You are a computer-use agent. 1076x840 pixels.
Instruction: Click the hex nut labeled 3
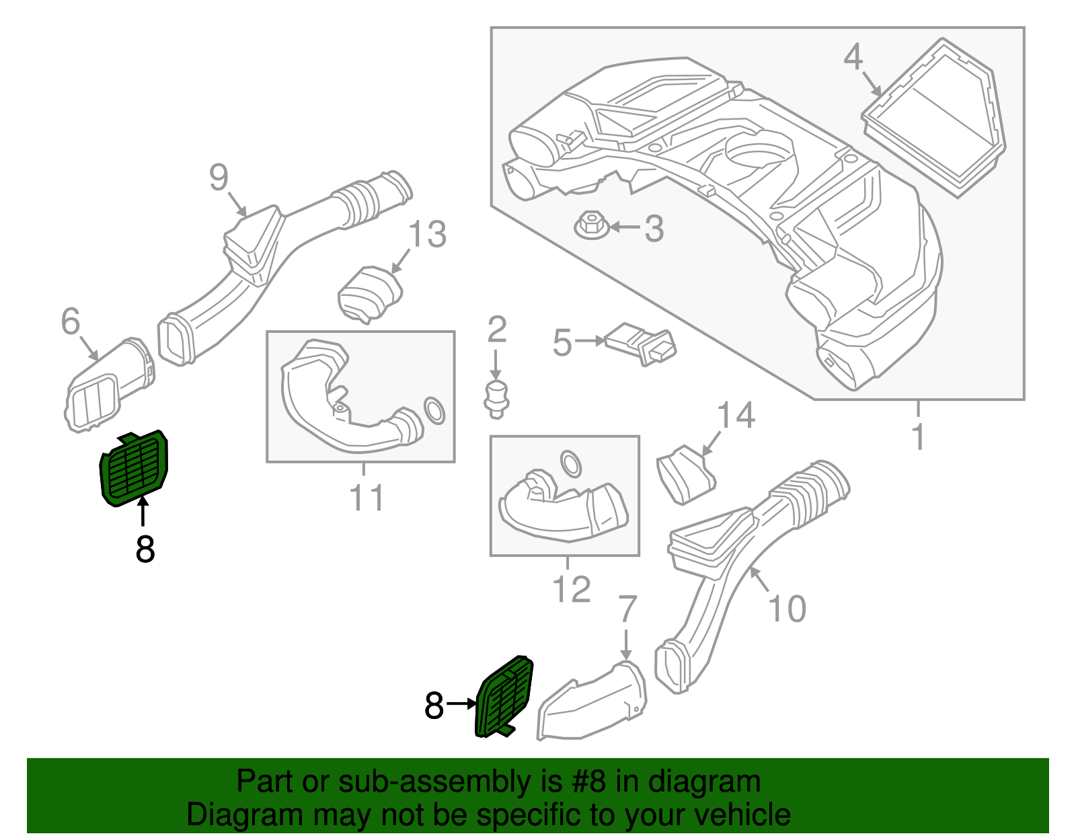[x=591, y=226]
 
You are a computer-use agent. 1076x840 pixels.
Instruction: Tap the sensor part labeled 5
[x=640, y=344]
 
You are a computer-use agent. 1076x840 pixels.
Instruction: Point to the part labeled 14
[x=686, y=474]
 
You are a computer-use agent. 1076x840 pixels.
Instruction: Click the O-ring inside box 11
[x=434, y=410]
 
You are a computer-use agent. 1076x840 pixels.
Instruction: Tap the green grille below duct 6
[x=134, y=468]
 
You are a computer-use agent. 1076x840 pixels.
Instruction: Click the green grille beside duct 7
[x=504, y=697]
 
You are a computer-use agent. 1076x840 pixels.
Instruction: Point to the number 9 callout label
[x=219, y=177]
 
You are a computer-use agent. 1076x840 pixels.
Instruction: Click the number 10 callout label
[x=787, y=609]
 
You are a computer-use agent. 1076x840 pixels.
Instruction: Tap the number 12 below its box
[x=571, y=589]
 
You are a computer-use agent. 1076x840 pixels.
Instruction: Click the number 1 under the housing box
[x=919, y=436]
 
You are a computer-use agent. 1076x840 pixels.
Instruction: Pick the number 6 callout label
[x=71, y=320]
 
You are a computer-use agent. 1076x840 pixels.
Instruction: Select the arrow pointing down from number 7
[x=626, y=644]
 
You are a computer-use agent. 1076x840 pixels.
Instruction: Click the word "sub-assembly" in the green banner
[x=450, y=781]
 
